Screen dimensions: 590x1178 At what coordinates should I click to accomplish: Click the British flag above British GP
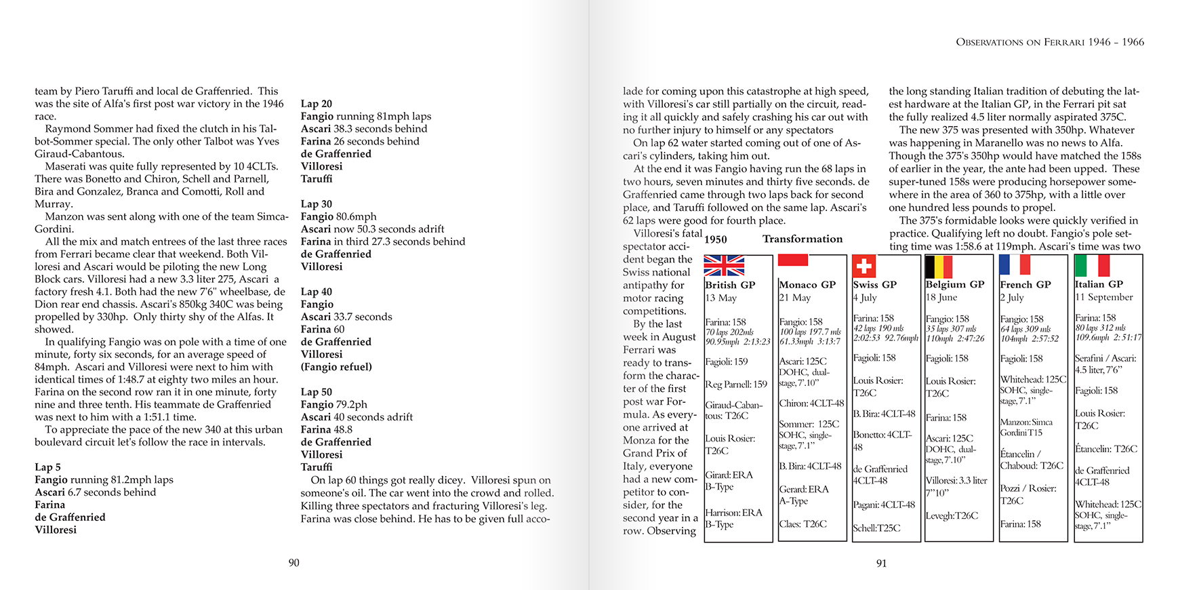click(x=724, y=266)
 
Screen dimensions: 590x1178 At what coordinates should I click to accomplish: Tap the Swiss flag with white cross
click(x=864, y=266)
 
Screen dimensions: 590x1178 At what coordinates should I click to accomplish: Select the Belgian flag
click(x=939, y=266)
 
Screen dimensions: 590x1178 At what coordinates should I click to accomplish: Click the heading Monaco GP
click(x=807, y=285)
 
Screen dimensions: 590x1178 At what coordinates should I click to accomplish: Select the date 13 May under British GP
click(x=721, y=298)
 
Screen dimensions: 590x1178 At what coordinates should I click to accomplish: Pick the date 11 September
click(x=1103, y=297)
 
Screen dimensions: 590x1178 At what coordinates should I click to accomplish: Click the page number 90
click(x=293, y=563)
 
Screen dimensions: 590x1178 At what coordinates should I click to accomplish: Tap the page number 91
click(x=881, y=563)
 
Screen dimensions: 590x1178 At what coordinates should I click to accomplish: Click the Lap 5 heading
click(x=48, y=467)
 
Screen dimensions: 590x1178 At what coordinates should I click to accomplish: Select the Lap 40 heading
click(x=317, y=292)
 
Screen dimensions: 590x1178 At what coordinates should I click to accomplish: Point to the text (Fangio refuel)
click(x=336, y=367)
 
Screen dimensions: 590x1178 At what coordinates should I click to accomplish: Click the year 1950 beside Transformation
click(x=716, y=239)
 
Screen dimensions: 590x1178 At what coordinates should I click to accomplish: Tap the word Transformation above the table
click(x=803, y=239)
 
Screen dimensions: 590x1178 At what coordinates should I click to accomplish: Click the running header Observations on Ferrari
click(x=1050, y=42)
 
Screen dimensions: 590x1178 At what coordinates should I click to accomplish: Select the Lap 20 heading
click(x=317, y=104)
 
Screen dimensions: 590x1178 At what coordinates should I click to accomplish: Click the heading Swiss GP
click(x=874, y=285)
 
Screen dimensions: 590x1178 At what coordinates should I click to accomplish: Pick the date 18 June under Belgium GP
click(x=941, y=298)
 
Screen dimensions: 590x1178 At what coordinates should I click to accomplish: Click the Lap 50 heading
click(x=317, y=392)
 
